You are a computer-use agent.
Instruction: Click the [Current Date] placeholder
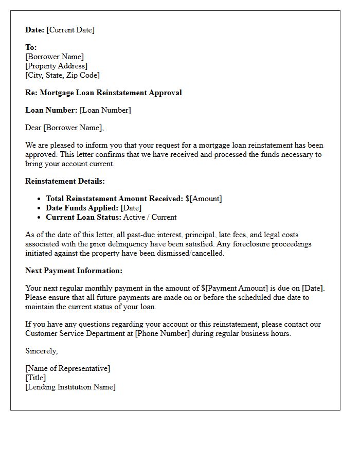point(70,30)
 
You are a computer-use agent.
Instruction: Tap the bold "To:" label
point(31,47)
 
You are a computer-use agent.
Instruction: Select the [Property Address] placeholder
point(56,66)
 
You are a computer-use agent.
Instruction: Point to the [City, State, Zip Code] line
point(62,75)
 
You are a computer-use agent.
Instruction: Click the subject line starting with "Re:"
point(103,93)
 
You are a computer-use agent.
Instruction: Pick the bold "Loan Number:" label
point(51,110)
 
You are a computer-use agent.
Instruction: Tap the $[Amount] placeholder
point(204,199)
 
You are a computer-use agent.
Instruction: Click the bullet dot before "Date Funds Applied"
point(40,208)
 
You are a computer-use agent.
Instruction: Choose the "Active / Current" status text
point(150,217)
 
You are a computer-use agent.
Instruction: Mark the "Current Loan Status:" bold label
point(83,217)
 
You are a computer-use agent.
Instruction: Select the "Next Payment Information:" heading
point(74,271)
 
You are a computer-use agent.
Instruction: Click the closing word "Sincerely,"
point(42,351)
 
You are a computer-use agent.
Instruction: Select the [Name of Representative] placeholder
point(67,368)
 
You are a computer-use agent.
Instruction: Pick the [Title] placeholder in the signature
point(35,378)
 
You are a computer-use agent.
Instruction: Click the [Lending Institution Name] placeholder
point(70,387)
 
